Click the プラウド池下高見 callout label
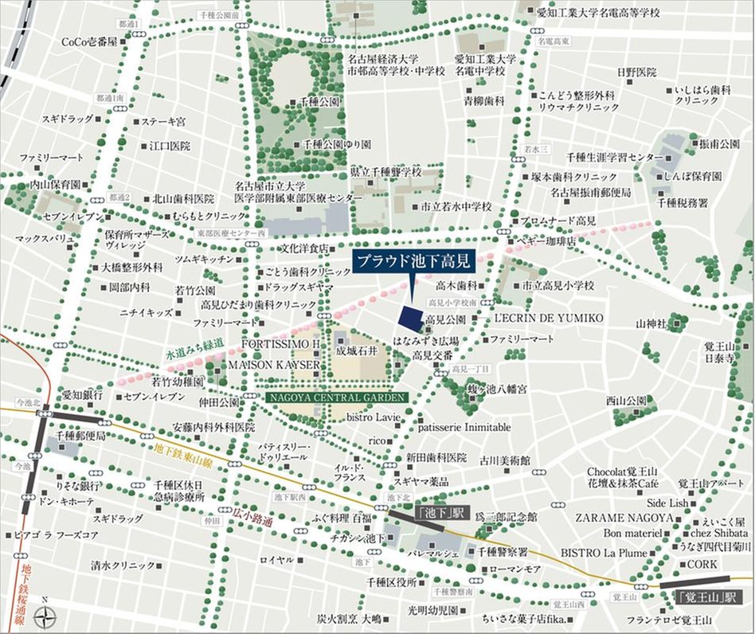[413, 261]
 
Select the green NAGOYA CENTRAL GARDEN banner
[338, 397]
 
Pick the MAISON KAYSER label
[274, 364]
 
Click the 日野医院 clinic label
[636, 72]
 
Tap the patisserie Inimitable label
[464, 427]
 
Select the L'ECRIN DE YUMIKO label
[550, 318]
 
